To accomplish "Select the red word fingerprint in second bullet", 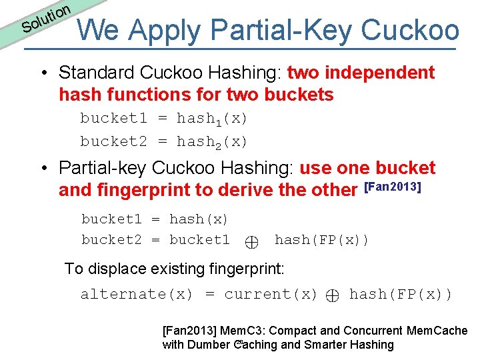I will coord(142,191).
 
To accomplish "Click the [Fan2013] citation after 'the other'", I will coord(392,187).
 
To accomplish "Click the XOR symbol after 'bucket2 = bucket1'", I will coord(254,241).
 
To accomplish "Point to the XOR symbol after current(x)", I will coord(333,295).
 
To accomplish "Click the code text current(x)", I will coord(271,294).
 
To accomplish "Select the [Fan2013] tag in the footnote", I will coord(189,331).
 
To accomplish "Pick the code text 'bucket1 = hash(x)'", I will coord(155,219).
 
